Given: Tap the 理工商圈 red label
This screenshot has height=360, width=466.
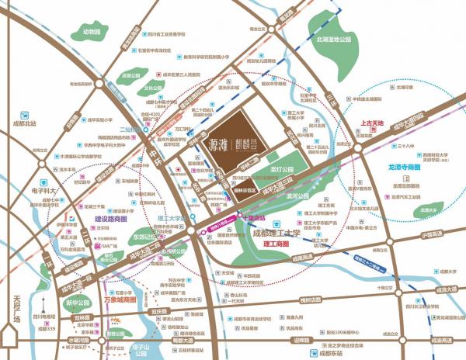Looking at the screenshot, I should pyautogui.click(x=276, y=244).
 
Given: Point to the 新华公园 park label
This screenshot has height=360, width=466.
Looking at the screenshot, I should pyautogui.click(x=79, y=303).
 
